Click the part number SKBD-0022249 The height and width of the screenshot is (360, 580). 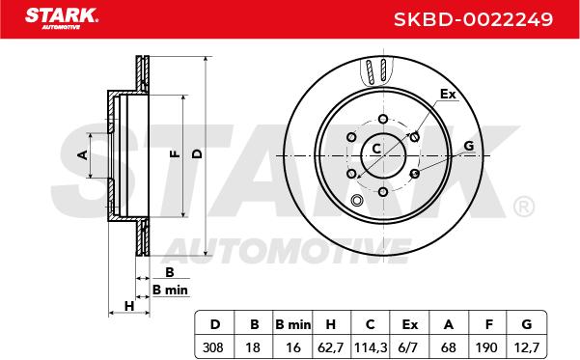point(473,19)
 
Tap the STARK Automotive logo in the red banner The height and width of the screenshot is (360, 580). point(62,18)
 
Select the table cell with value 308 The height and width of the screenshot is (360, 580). point(213,347)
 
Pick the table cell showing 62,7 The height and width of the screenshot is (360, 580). point(331,347)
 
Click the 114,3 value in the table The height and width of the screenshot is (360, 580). point(371,347)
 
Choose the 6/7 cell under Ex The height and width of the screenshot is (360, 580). point(409,347)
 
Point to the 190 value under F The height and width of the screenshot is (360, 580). point(486,347)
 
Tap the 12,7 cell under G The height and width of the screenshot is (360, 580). point(527,347)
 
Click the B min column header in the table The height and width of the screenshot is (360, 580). point(293,324)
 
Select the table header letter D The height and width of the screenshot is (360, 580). point(215,324)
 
